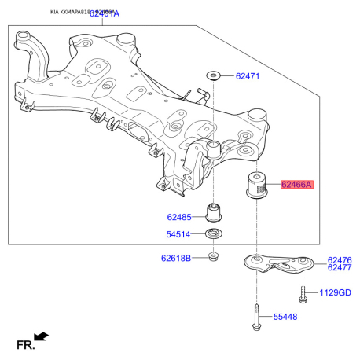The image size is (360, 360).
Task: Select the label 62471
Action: (x=247, y=76)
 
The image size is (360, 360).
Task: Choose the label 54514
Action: (x=178, y=234)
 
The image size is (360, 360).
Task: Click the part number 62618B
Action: (x=175, y=257)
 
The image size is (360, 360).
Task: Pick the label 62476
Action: (x=340, y=260)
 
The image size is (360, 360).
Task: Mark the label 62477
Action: (x=340, y=268)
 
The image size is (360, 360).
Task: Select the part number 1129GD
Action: (x=336, y=293)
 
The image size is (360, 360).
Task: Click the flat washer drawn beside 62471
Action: (x=213, y=75)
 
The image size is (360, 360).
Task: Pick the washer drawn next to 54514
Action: (x=213, y=233)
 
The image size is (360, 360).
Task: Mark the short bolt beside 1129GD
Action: (x=303, y=294)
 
